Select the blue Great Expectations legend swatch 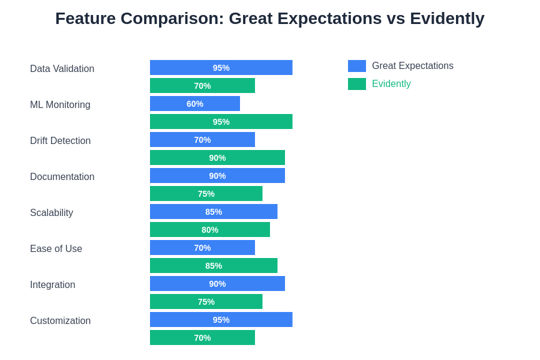(x=357, y=66)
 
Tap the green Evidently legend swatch (x=357, y=84)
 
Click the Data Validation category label (x=62, y=68)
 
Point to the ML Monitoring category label (x=60, y=105)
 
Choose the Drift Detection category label (x=60, y=140)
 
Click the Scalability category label (x=52, y=212)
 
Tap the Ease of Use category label (x=56, y=249)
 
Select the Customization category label (x=60, y=321)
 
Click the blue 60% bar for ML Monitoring (x=195, y=104)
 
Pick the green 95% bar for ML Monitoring (x=221, y=122)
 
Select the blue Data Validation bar (x=221, y=68)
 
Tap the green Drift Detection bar (x=217, y=158)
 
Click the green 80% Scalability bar (x=210, y=230)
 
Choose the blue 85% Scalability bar (x=214, y=212)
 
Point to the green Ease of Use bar (x=214, y=266)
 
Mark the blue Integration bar (x=217, y=284)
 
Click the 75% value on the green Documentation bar (x=206, y=194)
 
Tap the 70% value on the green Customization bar (x=203, y=338)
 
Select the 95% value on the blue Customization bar (x=221, y=320)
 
